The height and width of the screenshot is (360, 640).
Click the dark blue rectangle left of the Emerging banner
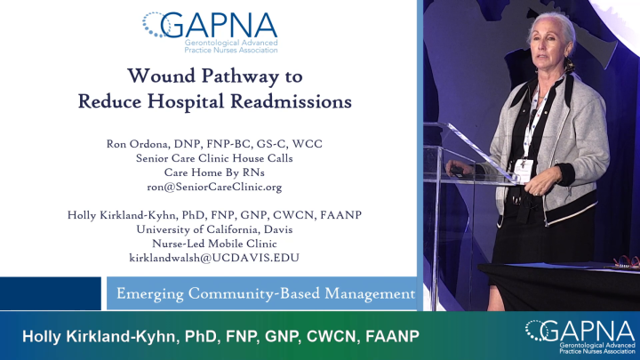51,292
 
